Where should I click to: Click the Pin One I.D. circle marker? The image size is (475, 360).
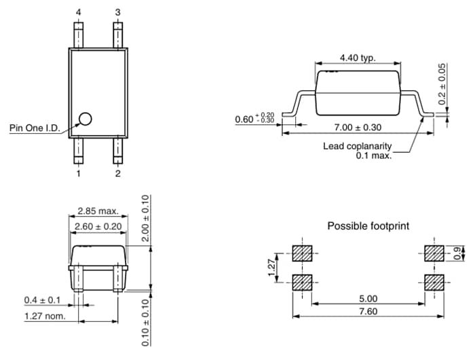[85, 119]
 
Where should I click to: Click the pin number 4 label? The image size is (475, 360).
[79, 13]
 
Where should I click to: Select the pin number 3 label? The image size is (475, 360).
[118, 13]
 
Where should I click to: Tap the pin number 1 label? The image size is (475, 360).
[79, 174]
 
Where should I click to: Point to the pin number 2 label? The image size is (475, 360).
[118, 174]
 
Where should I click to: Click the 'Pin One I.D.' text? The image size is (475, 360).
[37, 128]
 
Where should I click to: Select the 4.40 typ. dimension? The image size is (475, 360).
[357, 58]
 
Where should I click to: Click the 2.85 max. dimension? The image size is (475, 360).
[97, 211]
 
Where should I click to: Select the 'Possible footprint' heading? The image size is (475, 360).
[368, 225]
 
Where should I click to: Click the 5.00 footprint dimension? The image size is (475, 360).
[368, 297]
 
